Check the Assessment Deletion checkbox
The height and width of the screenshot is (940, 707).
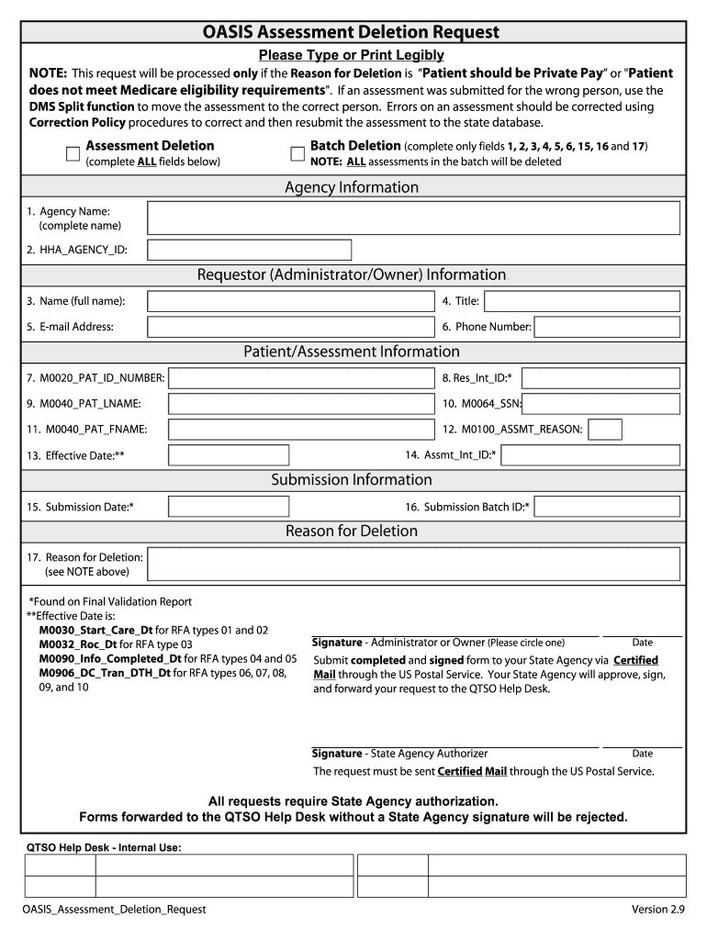[73, 153]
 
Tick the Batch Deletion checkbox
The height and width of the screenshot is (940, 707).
[297, 153]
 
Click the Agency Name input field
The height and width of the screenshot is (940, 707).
[413, 218]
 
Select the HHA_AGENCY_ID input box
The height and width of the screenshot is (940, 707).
[249, 250]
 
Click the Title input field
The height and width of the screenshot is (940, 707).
[580, 301]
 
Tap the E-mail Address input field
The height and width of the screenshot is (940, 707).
[290, 327]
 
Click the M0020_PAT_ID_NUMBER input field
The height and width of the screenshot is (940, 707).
[302, 377]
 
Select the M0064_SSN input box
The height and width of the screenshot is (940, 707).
[601, 404]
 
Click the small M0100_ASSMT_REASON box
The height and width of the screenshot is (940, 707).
[605, 430]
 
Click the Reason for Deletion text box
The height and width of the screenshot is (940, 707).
[413, 565]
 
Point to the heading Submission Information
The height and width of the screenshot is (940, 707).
[352, 480]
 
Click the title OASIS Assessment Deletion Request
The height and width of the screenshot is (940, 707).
[352, 33]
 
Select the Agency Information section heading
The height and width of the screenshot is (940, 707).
[352, 187]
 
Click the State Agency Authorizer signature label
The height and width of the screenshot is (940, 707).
[399, 754]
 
